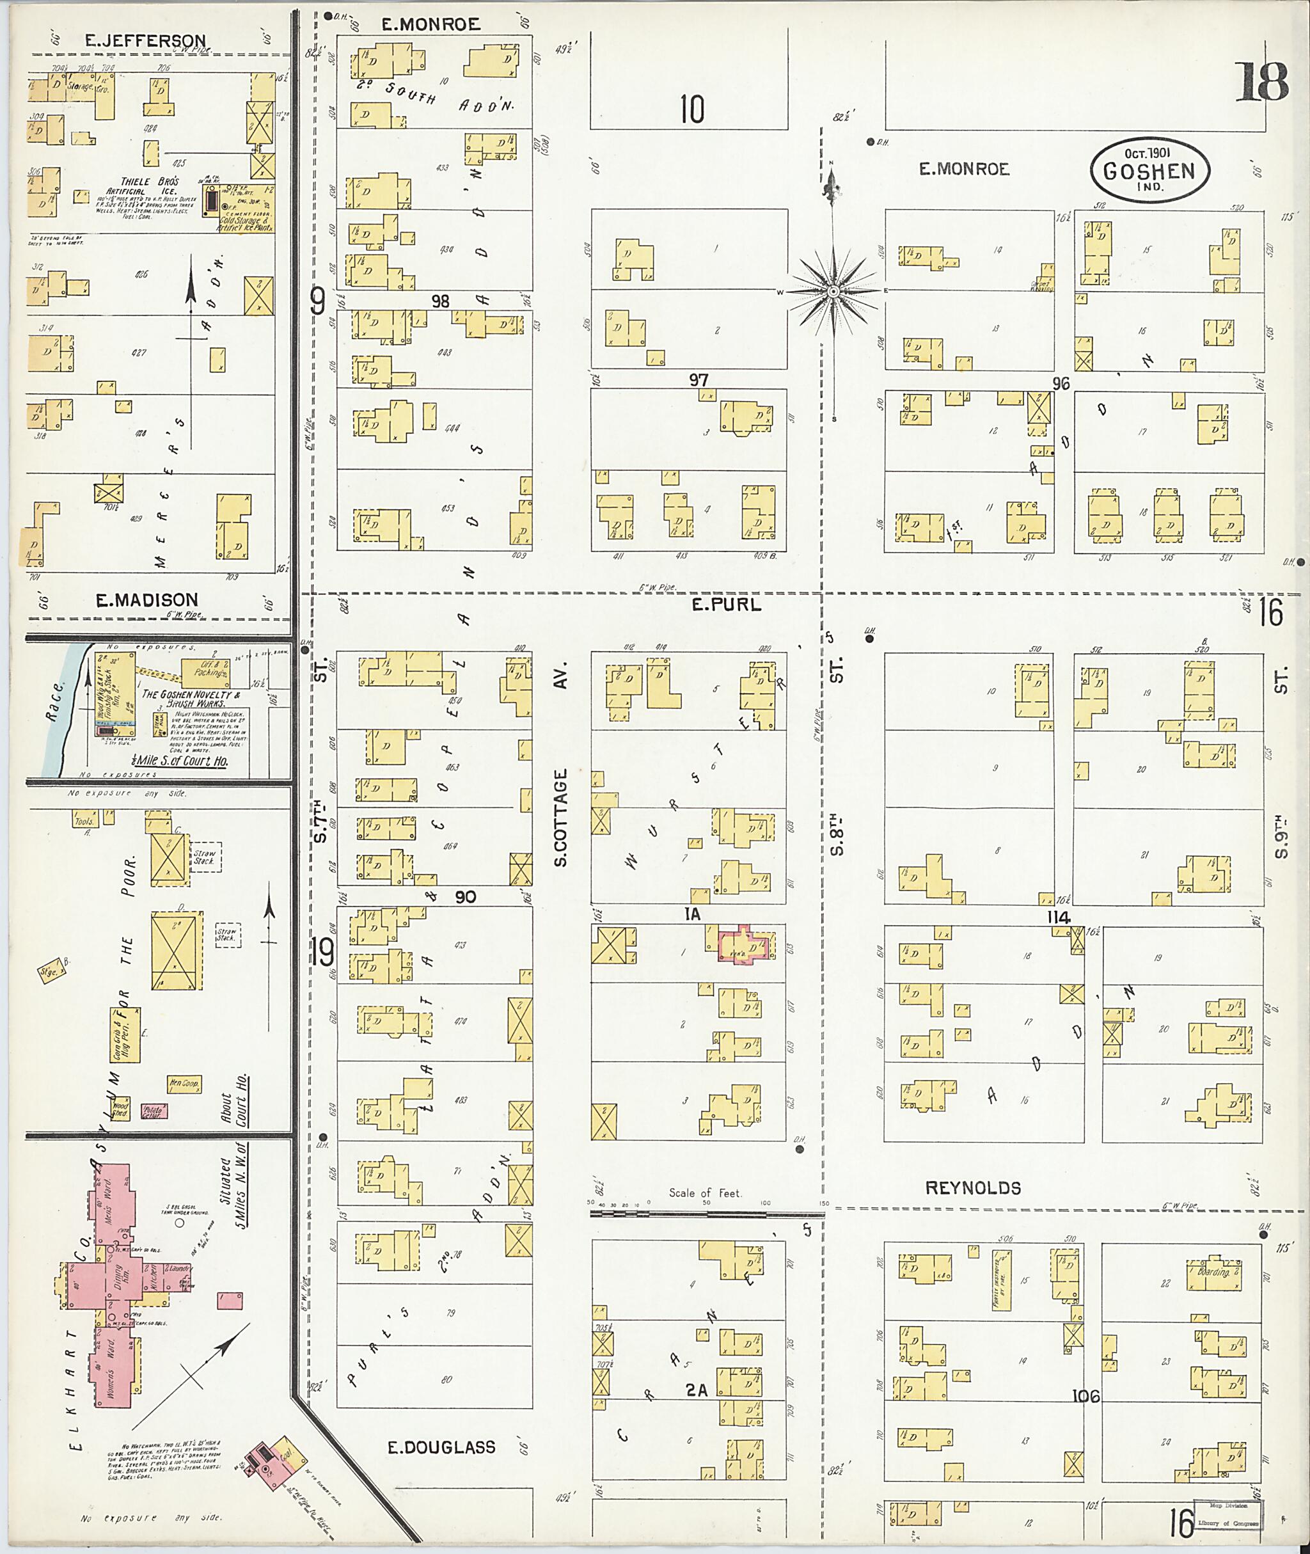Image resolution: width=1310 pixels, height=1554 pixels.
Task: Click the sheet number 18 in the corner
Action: coord(1262,83)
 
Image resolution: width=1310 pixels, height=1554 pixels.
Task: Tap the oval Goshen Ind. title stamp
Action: coord(1148,170)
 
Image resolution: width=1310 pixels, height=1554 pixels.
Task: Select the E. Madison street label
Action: coord(146,599)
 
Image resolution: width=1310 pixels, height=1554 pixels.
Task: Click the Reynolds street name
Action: coord(972,1188)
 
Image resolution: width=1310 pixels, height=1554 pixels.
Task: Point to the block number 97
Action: coord(698,380)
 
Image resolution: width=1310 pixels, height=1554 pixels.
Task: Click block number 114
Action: coord(1057,917)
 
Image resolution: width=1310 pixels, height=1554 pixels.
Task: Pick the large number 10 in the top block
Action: coord(691,110)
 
